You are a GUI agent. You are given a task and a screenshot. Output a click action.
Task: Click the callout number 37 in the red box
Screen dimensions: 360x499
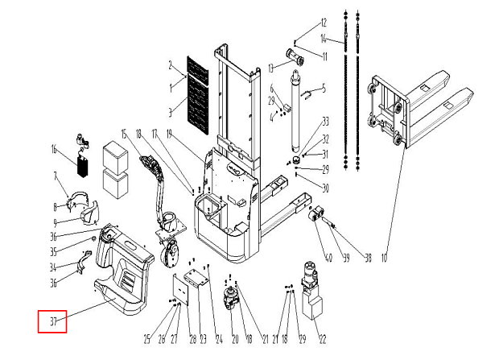(x=53, y=321)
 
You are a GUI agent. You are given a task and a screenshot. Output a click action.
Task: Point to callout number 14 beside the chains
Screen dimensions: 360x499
(x=324, y=39)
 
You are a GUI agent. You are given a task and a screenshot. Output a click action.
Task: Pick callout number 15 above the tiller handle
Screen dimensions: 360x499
(x=125, y=132)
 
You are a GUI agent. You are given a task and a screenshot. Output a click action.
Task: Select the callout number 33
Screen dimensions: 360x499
(x=325, y=122)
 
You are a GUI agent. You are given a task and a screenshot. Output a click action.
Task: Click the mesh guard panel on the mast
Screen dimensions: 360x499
(x=198, y=97)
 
